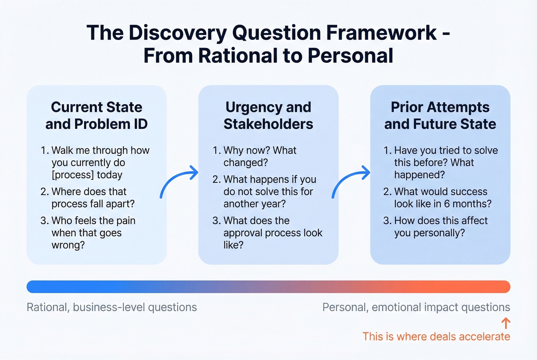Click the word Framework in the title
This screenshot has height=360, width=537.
coord(381,33)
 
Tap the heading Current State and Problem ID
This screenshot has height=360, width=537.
coord(96,115)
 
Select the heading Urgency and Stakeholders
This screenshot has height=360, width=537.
coord(268,115)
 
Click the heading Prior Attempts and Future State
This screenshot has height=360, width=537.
coord(440,115)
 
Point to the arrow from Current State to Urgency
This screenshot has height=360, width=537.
coord(179,182)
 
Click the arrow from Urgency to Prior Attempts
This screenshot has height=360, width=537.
coord(351,182)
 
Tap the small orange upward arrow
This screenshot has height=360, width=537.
coord(506,323)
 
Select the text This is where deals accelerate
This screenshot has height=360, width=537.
coord(436,337)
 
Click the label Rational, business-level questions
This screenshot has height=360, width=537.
coord(112,307)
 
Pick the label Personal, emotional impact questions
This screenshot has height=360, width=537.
coord(416,307)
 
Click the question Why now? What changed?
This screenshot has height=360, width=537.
coord(260,156)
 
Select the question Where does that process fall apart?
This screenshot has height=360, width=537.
coord(93,197)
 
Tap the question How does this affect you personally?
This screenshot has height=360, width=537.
coord(440,227)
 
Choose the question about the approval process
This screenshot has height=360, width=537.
coord(272,233)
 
